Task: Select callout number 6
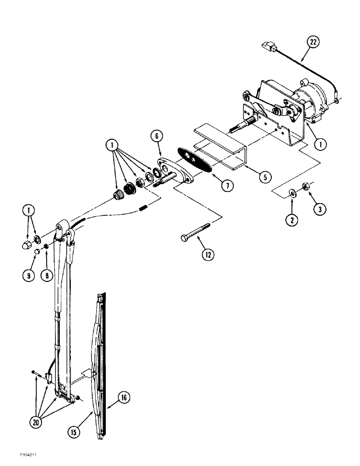click(x=157, y=136)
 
